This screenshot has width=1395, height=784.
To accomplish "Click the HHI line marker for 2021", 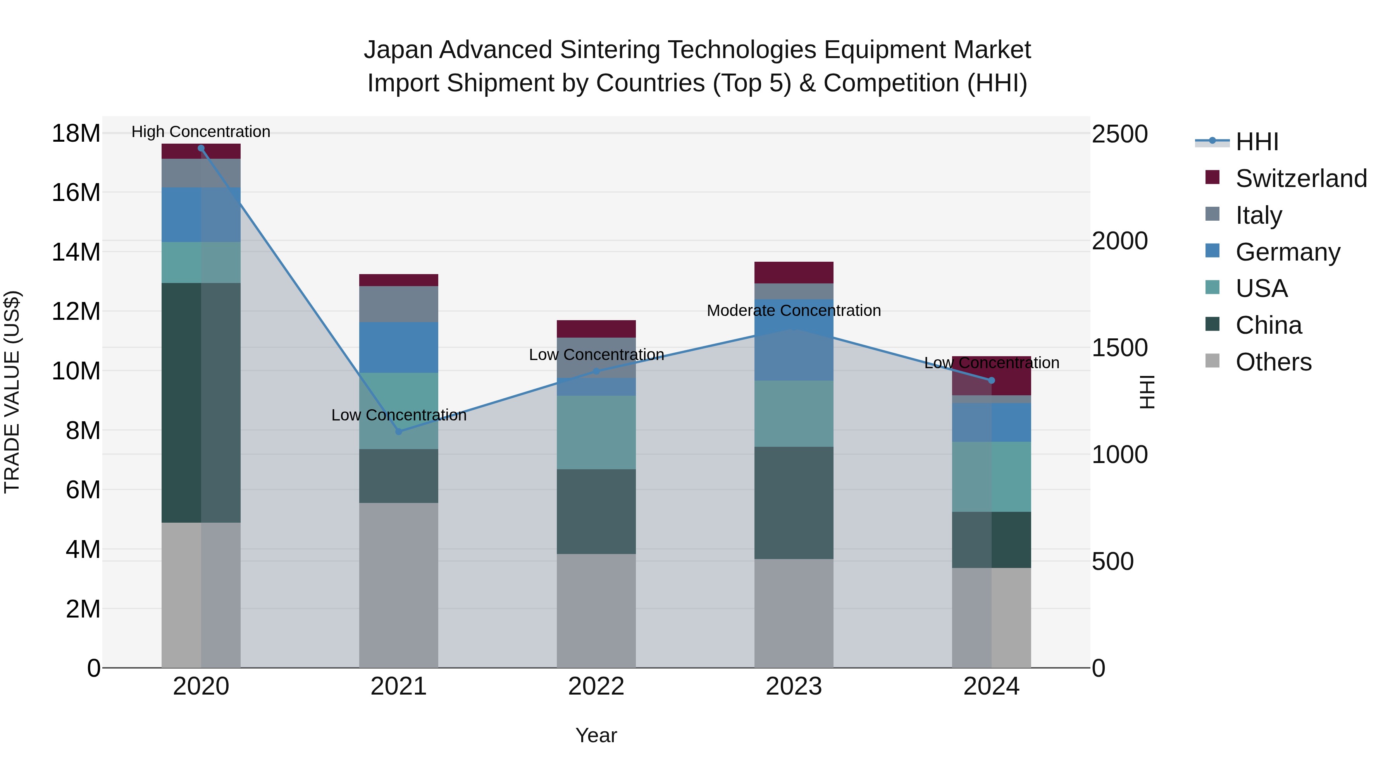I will tap(399, 431).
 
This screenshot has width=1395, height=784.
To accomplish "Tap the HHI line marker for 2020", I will tap(201, 148).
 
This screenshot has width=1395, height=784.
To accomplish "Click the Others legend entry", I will tap(1273, 362).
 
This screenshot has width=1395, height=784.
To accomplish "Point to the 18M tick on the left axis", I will tap(76, 134).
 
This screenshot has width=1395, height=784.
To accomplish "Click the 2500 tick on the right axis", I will tap(1119, 134).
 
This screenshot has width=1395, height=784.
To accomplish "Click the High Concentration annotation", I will tap(201, 132).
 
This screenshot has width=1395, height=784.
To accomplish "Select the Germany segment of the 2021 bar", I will tap(399, 347).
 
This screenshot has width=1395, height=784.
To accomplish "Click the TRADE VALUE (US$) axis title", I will tap(12, 392).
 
